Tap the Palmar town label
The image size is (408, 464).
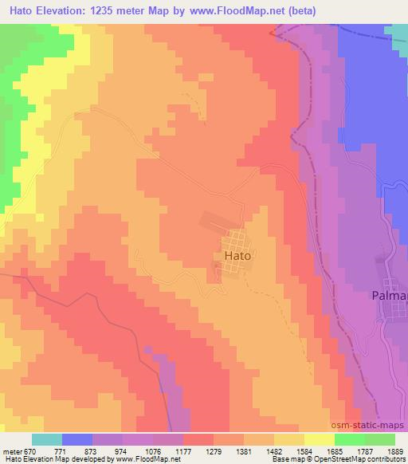point(390,296)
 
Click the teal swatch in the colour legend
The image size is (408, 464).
point(47,439)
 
